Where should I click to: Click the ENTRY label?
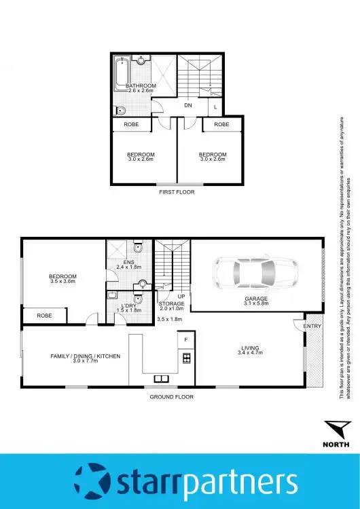point(313,326)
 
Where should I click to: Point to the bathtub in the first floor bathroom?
point(122,73)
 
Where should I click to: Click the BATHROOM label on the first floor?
point(141,86)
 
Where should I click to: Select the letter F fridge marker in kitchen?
point(185,339)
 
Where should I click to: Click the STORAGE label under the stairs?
point(172,304)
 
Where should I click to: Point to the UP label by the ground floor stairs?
point(181,297)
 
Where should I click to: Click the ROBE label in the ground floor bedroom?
point(45,316)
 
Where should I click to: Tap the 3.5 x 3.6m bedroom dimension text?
point(62,281)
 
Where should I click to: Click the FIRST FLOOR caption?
point(176,192)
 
